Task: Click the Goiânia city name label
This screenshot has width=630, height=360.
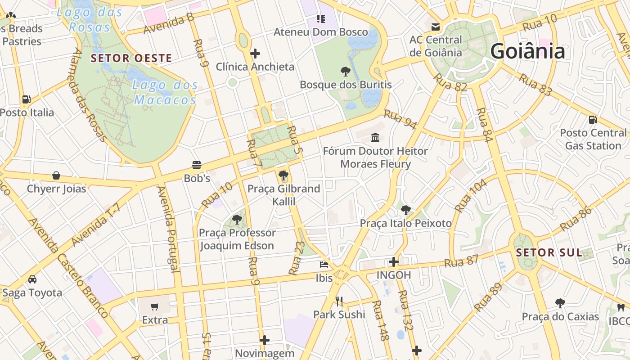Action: tap(527, 51)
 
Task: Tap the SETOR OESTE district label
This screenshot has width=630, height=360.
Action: tap(131, 58)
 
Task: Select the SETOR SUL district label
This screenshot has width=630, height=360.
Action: tap(549, 252)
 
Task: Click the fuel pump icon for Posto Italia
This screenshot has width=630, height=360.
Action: tap(27, 99)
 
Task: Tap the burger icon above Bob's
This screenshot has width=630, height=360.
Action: tap(197, 165)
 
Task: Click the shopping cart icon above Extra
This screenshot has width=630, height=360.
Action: tap(155, 306)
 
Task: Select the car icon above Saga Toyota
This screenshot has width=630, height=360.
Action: tap(32, 279)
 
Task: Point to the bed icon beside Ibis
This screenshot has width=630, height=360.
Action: tap(324, 264)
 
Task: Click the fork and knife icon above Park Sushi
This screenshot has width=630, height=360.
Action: tap(339, 301)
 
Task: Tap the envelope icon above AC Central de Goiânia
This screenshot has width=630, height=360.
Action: tap(436, 27)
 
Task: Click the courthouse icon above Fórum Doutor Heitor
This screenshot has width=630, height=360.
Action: tap(375, 137)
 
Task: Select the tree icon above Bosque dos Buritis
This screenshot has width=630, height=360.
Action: tap(346, 71)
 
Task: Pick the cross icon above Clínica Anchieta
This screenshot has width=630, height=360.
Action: tap(255, 54)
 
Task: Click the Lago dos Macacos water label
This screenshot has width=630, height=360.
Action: tap(166, 92)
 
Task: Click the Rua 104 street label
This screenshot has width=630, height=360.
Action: tap(471, 195)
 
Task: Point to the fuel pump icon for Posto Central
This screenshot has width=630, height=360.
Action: tap(593, 119)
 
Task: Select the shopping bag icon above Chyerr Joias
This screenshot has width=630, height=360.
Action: tap(56, 175)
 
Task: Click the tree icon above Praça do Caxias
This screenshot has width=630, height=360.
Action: tap(560, 303)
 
